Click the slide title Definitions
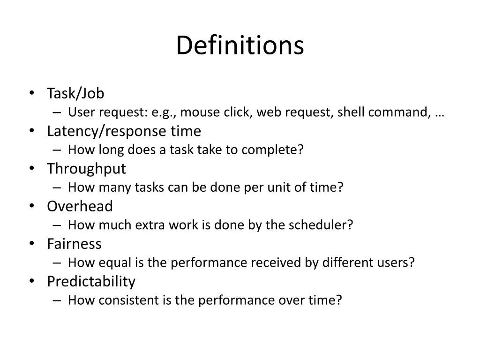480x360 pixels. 240,45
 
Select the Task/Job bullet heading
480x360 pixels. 75,93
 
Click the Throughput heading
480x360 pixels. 86,169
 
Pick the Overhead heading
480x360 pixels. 80,206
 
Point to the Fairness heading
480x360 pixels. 74,244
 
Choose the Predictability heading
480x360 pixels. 91,281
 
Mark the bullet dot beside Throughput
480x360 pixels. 31,169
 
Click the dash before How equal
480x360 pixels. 57,263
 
